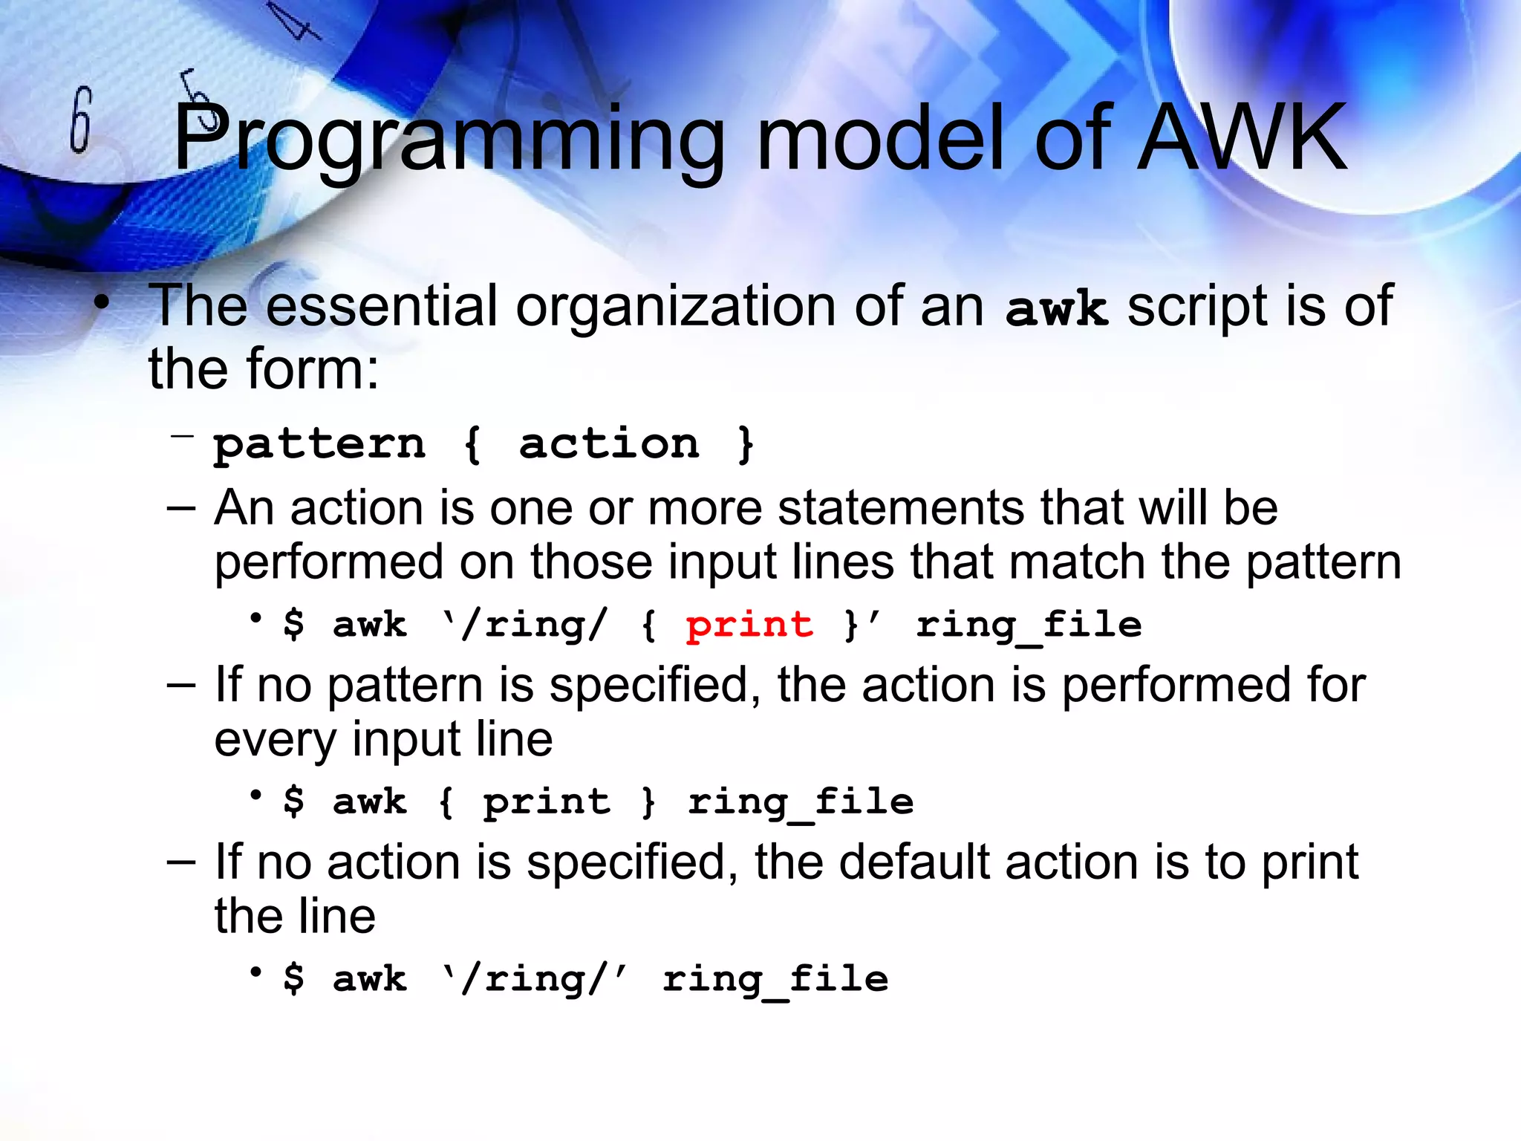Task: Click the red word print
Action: [749, 625]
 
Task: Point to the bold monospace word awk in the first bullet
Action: [1056, 309]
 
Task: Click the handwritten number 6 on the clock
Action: [81, 120]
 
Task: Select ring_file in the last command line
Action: [775, 980]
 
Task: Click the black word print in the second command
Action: [547, 802]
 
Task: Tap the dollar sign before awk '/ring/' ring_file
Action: [294, 978]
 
